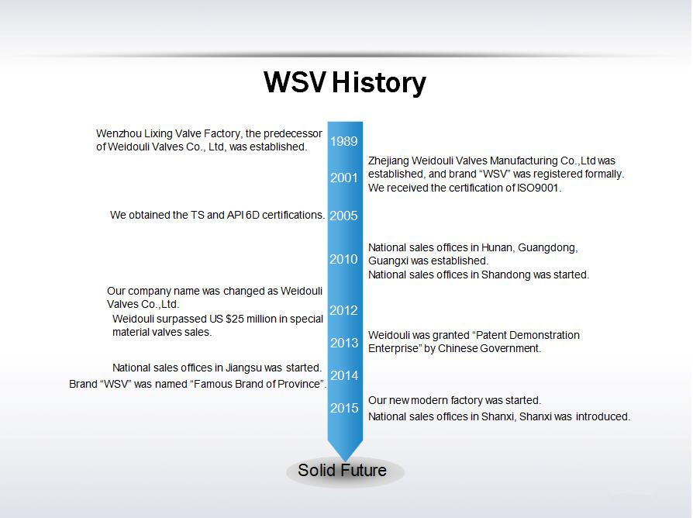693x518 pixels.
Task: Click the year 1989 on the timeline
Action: (x=344, y=141)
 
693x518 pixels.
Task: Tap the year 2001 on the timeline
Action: (x=344, y=178)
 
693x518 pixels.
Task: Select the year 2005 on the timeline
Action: (x=343, y=216)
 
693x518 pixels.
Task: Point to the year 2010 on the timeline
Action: (x=343, y=259)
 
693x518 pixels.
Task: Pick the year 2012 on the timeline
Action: (x=343, y=310)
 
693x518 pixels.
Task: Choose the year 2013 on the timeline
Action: (x=344, y=343)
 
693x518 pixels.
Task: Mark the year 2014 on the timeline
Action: (x=344, y=375)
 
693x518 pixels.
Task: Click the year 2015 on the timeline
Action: (x=344, y=408)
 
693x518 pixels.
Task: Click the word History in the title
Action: (x=379, y=83)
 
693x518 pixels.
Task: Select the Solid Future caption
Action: (x=342, y=470)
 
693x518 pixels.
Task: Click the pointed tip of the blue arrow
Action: (x=345, y=461)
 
